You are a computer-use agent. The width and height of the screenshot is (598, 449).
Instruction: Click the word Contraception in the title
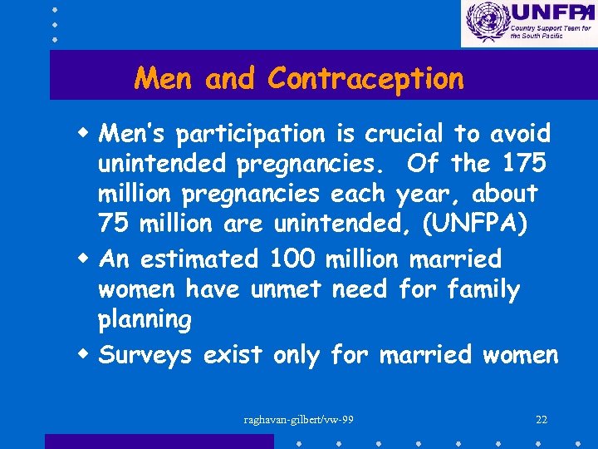[x=365, y=79]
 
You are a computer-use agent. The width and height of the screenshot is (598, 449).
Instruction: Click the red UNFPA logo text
[x=549, y=12]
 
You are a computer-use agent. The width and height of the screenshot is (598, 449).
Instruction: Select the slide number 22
[x=542, y=419]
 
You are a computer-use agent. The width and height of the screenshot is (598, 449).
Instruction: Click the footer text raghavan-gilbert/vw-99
[x=299, y=419]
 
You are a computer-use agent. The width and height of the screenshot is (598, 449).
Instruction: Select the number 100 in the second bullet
[x=293, y=259]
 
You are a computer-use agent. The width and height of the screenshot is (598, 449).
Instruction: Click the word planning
[x=145, y=320]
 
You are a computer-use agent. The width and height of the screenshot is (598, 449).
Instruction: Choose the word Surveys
[x=145, y=356]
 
